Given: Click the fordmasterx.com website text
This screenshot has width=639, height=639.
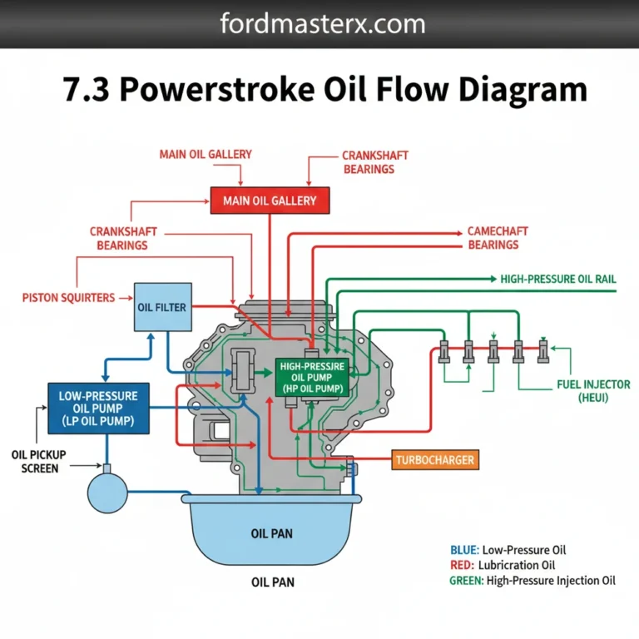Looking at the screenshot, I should (323, 23).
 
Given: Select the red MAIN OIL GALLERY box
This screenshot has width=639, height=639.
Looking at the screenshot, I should (270, 201).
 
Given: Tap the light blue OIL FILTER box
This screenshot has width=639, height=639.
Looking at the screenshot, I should (161, 307).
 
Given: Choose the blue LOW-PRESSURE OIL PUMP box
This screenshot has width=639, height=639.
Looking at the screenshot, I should (98, 408).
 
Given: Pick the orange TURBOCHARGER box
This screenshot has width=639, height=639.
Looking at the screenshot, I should (435, 458).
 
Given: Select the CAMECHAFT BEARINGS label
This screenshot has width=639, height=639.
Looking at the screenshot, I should (498, 238).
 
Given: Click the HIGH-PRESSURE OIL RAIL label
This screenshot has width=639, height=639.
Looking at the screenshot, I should (558, 280).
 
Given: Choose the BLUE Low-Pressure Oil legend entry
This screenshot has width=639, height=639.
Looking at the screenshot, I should (508, 550).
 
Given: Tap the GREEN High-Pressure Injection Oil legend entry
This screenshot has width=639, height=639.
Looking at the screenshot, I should (532, 582).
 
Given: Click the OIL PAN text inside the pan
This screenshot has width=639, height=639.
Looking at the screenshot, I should (271, 533).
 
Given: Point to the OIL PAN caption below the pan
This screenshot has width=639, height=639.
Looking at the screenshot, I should (271, 582).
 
